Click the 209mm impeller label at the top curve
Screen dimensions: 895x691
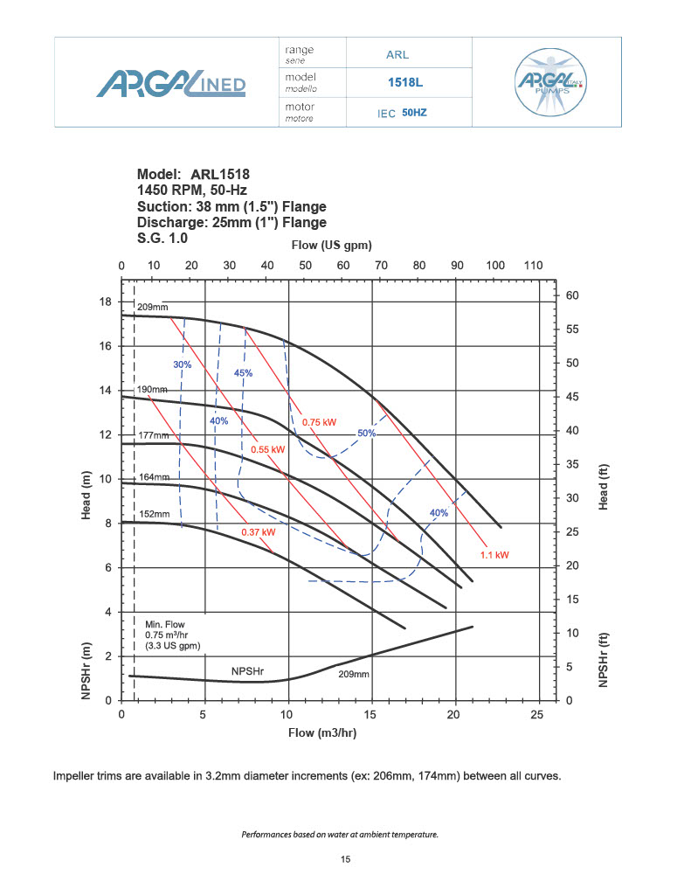[x=153, y=308]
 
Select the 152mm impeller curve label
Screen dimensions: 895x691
[x=153, y=514]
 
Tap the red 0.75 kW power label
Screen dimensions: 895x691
[x=319, y=422]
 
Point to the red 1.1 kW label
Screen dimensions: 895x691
[x=494, y=554]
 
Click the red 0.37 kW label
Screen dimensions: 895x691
[x=259, y=531]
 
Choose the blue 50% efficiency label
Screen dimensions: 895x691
[x=366, y=433]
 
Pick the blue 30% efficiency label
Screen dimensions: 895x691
[x=182, y=364]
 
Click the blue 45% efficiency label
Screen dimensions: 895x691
[x=243, y=373]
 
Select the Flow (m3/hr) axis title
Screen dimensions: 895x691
[x=322, y=732]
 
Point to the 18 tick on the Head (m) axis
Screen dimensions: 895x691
[x=105, y=302]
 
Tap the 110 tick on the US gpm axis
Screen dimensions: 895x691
[x=533, y=266]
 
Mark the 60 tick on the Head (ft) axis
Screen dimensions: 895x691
[x=573, y=295]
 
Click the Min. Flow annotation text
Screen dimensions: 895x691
[x=164, y=624]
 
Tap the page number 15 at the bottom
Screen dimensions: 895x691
[x=345, y=860]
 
